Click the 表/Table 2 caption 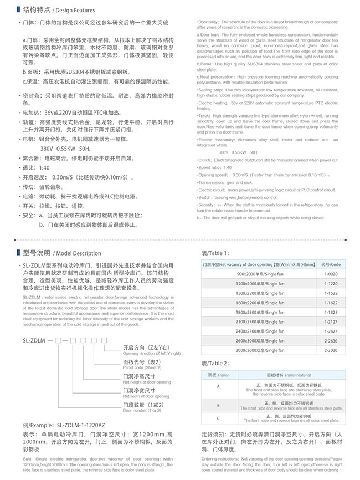[x=214, y=363]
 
